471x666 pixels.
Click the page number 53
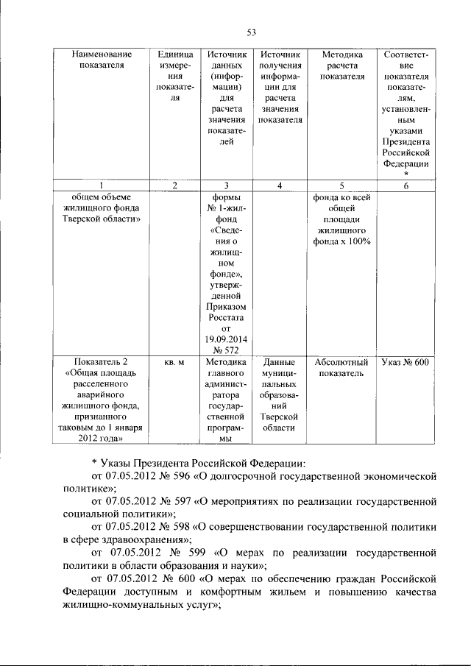(250, 32)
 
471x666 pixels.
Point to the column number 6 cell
(406, 185)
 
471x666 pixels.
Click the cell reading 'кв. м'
(174, 363)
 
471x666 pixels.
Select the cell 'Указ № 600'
(406, 363)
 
